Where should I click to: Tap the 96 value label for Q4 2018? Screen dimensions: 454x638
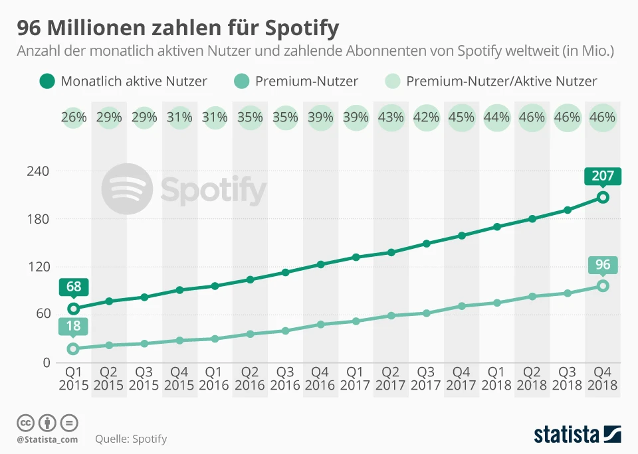pos(603,265)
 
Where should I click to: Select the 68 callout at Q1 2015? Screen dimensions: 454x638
pos(73,287)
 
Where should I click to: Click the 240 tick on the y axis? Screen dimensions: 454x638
pos(39,171)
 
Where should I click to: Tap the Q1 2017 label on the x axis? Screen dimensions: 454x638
pos(356,378)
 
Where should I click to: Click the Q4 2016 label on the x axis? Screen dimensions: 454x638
pos(320,378)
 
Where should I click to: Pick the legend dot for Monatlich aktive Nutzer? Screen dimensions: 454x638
pos(47,82)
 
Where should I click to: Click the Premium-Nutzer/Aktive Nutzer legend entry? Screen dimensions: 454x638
pos(501,82)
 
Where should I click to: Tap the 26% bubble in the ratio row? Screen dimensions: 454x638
pos(74,117)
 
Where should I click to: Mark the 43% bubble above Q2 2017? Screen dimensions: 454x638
pos(391,117)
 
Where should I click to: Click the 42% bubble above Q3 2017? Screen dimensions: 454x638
pos(426,117)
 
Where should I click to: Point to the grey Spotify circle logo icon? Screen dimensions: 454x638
pos(127,190)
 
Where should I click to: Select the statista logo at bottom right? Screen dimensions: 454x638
pos(578,435)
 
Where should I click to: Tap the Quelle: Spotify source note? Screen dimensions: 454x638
pos(131,439)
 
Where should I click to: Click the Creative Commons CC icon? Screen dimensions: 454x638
pos(25,422)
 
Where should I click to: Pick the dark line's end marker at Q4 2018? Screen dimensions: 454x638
pos(603,197)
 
